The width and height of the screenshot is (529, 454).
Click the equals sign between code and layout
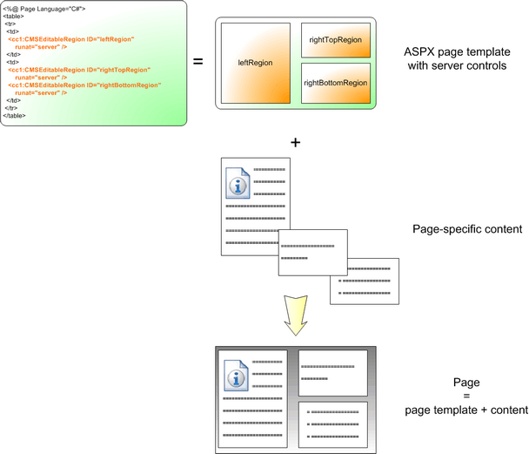(198, 62)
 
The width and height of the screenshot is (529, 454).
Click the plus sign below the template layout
(295, 141)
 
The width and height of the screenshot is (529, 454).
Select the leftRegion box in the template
(255, 63)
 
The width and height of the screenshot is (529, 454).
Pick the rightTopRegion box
(335, 40)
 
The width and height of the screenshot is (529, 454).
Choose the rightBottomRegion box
(335, 83)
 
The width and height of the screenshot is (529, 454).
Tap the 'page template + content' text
(467, 410)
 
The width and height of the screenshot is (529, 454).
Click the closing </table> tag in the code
(15, 115)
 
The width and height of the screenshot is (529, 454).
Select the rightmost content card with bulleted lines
(364, 281)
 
